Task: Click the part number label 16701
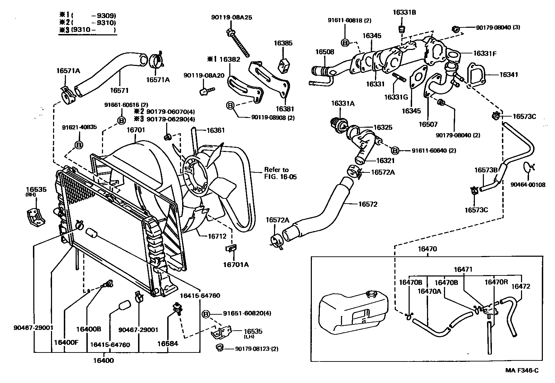coord(136,130)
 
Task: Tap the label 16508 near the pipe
coord(325,52)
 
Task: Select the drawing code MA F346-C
coord(522,371)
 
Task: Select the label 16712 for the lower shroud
coord(217,236)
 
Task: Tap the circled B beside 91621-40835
coord(79,145)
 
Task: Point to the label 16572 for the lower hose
coord(368,204)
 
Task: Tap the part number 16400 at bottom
coord(103,360)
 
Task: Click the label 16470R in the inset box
coord(496,282)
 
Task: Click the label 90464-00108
coord(528,185)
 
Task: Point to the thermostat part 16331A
coord(339,124)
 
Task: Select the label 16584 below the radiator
coord(168,343)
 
